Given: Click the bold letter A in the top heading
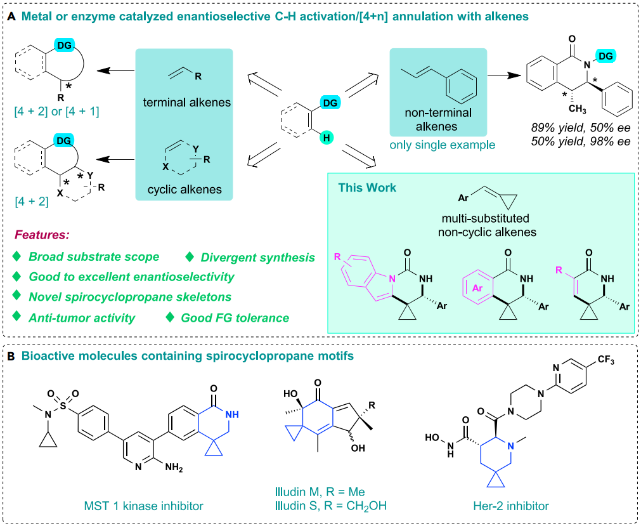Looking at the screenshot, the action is (11, 16).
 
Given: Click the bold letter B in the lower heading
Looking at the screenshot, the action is (11, 356).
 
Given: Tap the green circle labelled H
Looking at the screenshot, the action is (327, 138).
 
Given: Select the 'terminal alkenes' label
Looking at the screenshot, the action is (187, 102).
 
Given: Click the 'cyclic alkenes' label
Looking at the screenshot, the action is (185, 190).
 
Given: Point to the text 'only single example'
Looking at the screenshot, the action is (443, 145).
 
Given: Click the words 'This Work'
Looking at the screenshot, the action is (367, 188).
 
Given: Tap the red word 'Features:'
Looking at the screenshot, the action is (42, 235).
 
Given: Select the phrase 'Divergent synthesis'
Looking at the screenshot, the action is (257, 258).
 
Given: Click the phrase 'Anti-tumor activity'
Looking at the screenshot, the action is (82, 319).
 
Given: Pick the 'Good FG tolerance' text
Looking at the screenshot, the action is (235, 319).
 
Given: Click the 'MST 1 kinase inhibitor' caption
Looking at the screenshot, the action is (143, 506).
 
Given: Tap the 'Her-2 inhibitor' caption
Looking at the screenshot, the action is (511, 506).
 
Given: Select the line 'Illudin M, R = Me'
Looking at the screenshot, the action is (320, 492).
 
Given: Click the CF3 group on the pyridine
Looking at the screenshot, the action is (606, 360).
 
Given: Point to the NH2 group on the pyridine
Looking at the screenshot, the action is (174, 468).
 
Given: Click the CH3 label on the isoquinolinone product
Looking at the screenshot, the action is (577, 109).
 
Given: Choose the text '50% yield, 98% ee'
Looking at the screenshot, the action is (581, 141).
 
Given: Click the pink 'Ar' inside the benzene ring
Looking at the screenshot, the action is (477, 288).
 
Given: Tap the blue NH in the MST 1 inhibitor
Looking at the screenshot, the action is (232, 415).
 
